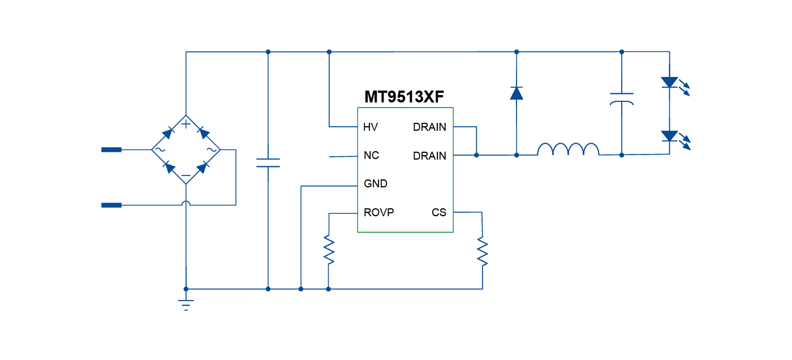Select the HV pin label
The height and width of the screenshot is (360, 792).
point(371,127)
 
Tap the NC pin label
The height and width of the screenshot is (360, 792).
point(371,156)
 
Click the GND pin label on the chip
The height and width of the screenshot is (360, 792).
point(376,184)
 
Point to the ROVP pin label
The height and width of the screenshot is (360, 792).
point(379,213)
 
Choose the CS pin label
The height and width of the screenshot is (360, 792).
point(439,213)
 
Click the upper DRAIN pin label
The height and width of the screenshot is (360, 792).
point(429,127)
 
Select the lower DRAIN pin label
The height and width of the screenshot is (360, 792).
point(429,156)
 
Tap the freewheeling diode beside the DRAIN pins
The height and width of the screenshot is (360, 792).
point(516,93)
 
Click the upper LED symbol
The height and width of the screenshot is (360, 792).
point(670,83)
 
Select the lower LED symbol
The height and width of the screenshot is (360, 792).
point(670,136)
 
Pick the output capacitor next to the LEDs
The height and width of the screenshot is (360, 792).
point(622,99)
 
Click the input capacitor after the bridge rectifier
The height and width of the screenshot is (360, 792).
point(268,163)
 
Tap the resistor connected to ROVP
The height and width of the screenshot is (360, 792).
point(329,250)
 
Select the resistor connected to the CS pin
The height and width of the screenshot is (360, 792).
point(483,251)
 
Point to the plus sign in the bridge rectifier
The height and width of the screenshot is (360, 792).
point(186,124)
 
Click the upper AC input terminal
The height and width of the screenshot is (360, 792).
point(111,150)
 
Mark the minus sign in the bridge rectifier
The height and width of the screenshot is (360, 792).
point(186,175)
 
